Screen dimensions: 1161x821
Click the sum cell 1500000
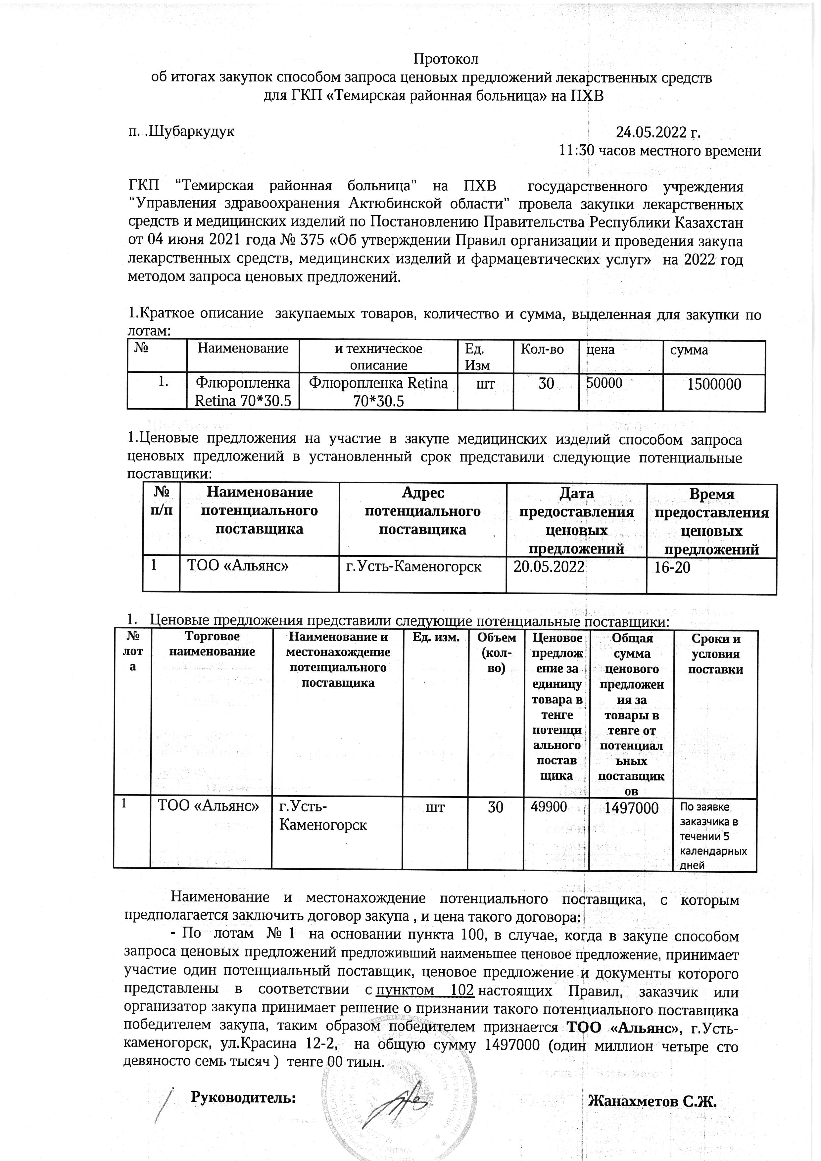pos(713,384)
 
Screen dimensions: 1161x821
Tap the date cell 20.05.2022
pos(549,567)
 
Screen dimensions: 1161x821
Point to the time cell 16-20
pos(672,567)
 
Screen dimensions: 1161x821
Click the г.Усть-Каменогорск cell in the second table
pos(413,567)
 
